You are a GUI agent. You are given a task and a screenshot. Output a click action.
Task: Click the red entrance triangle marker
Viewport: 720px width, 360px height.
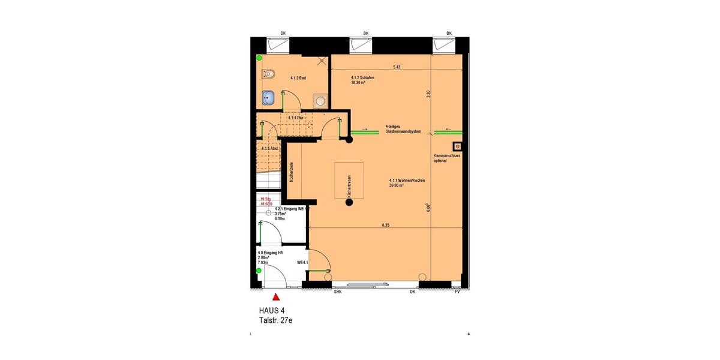pyautogui.click(x=276, y=296)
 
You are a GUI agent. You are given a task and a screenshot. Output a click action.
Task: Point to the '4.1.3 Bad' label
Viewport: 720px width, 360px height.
pyautogui.click(x=299, y=78)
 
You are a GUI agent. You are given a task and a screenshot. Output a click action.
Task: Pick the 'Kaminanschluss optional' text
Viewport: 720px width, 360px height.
pyautogui.click(x=446, y=158)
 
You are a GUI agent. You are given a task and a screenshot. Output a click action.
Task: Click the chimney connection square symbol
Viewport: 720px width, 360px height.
pyautogui.click(x=457, y=146)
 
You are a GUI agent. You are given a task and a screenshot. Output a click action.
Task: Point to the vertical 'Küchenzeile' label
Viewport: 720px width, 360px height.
pyautogui.click(x=292, y=172)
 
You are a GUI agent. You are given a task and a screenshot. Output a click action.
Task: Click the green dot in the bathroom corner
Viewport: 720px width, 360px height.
pyautogui.click(x=259, y=59)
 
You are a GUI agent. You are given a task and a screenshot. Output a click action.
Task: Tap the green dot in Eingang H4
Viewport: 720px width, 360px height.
pyautogui.click(x=259, y=271)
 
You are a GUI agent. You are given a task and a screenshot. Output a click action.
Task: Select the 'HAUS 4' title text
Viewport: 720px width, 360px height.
pyautogui.click(x=272, y=311)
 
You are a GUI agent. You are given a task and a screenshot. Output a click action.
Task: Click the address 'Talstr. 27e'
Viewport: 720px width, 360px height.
pyautogui.click(x=275, y=320)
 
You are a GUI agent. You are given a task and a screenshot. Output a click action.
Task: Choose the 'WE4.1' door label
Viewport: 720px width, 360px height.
pyautogui.click(x=302, y=263)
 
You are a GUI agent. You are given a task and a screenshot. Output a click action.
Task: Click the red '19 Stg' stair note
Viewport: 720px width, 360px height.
pyautogui.click(x=266, y=199)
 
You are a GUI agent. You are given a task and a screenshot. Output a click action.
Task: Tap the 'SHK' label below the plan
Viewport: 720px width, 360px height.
pyautogui.click(x=337, y=292)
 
